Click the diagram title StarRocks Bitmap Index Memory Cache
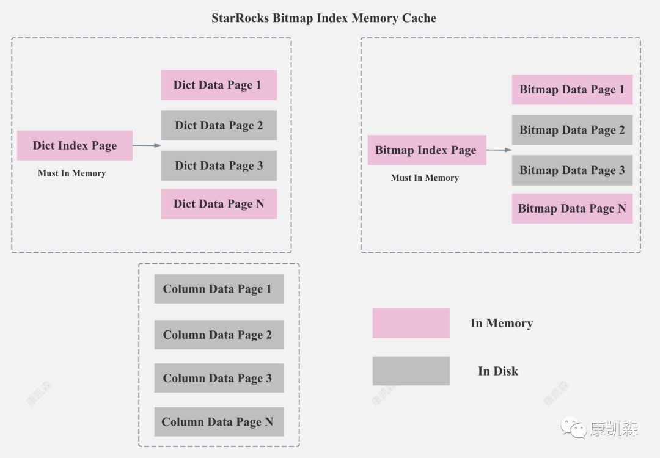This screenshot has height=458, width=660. [324, 18]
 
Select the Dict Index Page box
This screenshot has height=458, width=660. [75, 145]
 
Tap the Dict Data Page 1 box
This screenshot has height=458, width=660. [219, 85]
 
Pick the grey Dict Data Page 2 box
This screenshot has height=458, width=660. [219, 125]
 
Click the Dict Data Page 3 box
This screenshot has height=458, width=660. [219, 165]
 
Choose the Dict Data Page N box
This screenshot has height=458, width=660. [219, 204]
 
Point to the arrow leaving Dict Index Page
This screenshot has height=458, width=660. [147, 145]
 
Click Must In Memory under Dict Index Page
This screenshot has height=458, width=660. [72, 173]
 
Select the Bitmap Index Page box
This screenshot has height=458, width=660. [427, 150]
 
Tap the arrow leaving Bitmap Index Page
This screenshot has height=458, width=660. [499, 150]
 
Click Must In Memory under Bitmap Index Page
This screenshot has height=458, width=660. [425, 178]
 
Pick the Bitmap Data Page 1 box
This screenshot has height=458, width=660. [572, 90]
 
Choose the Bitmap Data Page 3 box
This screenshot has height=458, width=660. [572, 170]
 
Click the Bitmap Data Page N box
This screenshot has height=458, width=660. [572, 209]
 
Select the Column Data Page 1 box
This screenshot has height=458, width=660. [219, 289]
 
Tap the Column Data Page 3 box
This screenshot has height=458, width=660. [219, 378]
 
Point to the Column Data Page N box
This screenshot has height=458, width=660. [219, 422]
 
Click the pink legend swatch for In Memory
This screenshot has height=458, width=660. [411, 323]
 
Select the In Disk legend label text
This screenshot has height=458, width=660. [498, 371]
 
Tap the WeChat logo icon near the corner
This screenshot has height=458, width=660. [573, 427]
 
